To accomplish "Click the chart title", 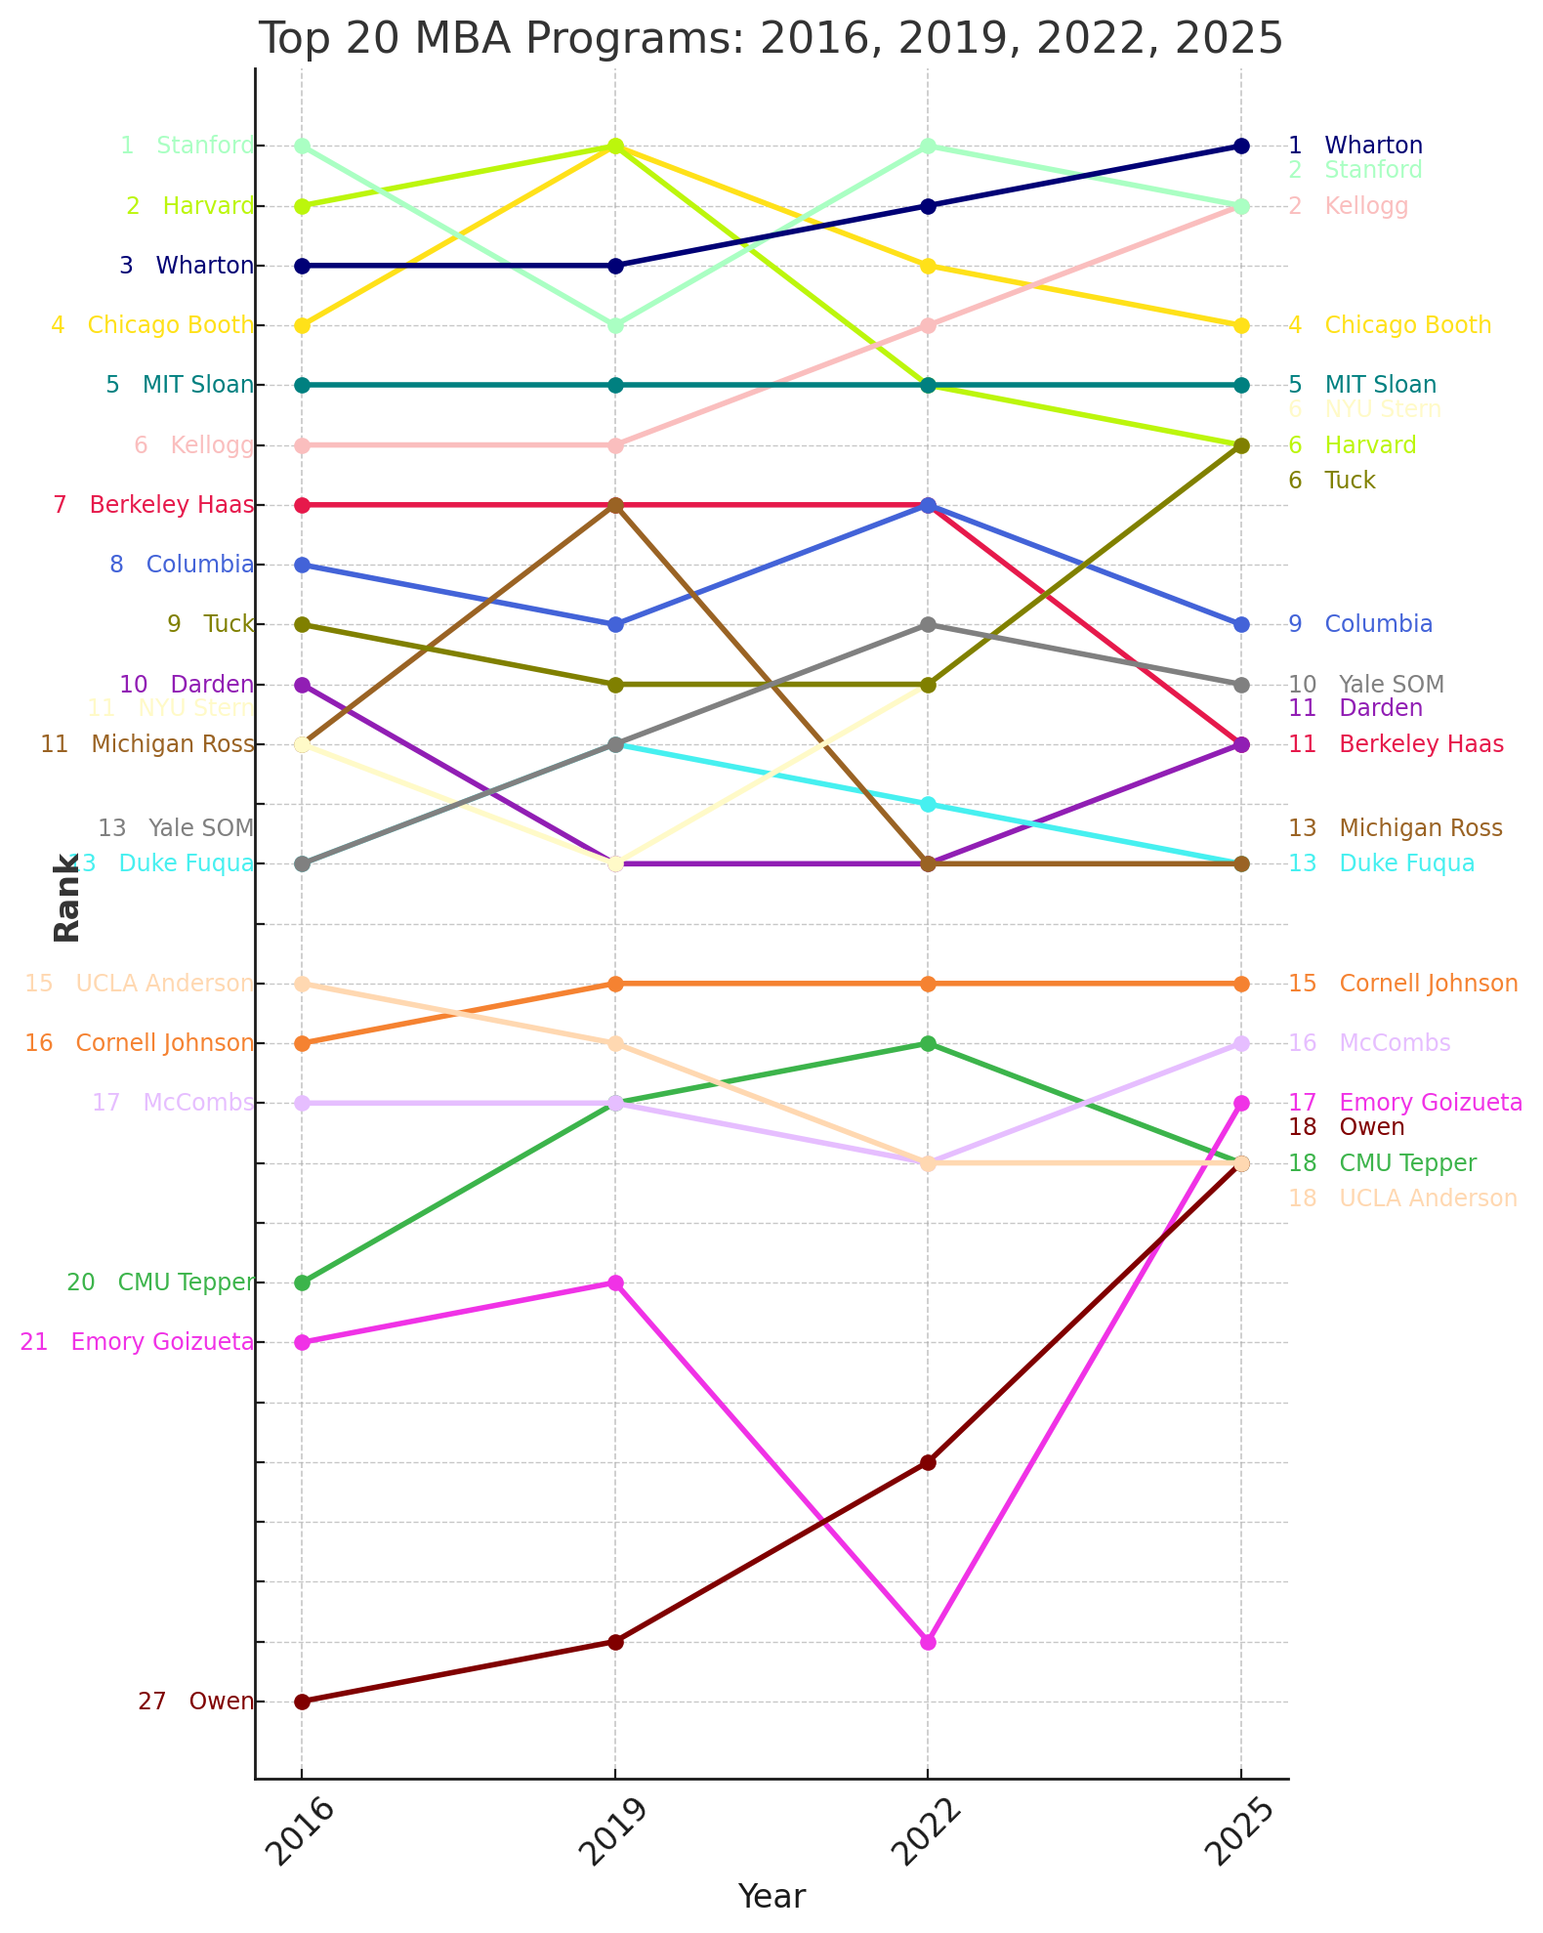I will (771, 39).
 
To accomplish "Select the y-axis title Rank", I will (66, 898).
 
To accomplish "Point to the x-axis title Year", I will (771, 1896).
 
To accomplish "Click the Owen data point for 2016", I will (302, 1702).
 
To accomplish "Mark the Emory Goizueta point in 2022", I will (928, 1642).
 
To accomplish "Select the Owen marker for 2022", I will (928, 1462).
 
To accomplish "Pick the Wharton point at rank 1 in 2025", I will (1241, 146).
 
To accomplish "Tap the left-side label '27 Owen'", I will (195, 1702).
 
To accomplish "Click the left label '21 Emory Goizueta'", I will (137, 1342).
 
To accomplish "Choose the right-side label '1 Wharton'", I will (1355, 146).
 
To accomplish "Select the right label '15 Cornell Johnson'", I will (1403, 984).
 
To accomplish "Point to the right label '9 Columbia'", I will (1360, 624).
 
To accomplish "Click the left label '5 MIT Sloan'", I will (180, 385).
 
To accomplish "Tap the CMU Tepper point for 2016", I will (302, 1282).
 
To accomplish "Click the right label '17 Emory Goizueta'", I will (1405, 1103).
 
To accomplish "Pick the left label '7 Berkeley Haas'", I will (153, 505).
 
